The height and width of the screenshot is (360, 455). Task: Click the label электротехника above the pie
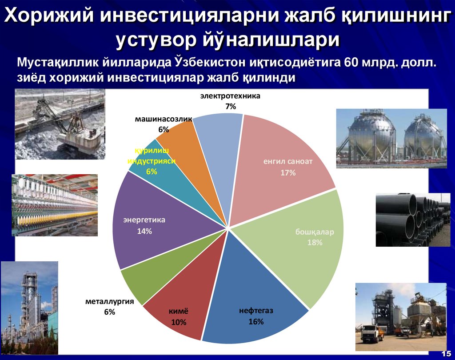[x=230, y=96]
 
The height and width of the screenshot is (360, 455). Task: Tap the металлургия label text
[x=110, y=302]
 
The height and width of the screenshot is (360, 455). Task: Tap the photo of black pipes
[x=413, y=220]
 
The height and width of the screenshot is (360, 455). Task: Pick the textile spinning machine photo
[x=54, y=204]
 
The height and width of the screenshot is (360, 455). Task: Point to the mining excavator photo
[x=60, y=124]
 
